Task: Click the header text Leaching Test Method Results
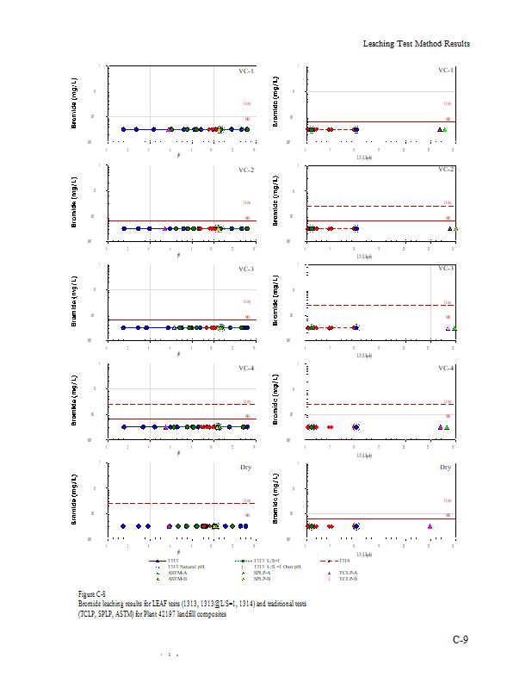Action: [x=416, y=43]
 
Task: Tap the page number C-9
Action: [x=461, y=639]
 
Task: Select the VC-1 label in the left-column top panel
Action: [x=245, y=71]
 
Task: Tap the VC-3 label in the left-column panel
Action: [x=245, y=269]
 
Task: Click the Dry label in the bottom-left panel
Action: [x=247, y=467]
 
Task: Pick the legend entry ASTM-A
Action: [x=177, y=573]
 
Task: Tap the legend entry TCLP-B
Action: [x=348, y=579]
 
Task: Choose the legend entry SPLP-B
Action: [x=263, y=579]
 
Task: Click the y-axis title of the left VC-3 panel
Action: [x=74, y=295]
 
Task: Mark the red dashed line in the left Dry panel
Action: [x=181, y=503]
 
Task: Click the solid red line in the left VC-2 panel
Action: [x=181, y=220]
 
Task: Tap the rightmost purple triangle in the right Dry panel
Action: [x=430, y=525]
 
